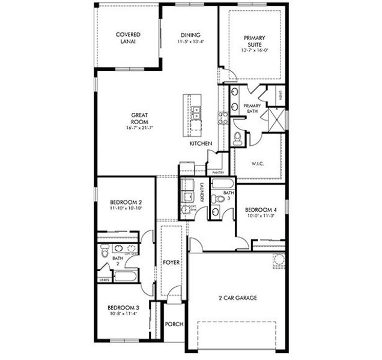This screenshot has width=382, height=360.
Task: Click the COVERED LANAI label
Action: [x=128, y=38]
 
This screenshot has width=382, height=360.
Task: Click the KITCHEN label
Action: [x=199, y=145]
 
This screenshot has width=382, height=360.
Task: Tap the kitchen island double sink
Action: [x=196, y=112]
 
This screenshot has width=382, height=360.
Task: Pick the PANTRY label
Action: [x=218, y=172]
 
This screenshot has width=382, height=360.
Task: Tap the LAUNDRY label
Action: [x=202, y=191]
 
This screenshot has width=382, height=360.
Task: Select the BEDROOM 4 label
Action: [x=260, y=211]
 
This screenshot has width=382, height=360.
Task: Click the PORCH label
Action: [x=174, y=325]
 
